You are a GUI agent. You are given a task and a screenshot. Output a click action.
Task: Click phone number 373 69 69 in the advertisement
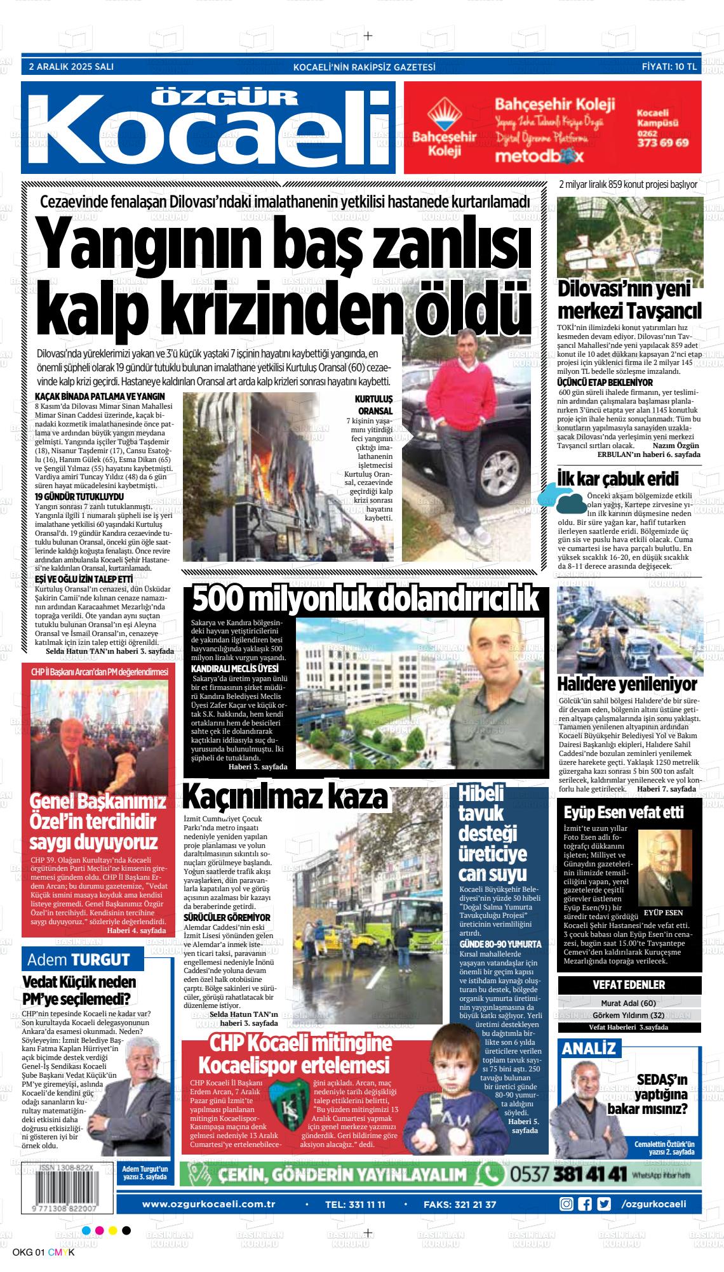click(662, 143)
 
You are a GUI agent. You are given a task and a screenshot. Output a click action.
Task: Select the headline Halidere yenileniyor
click(626, 684)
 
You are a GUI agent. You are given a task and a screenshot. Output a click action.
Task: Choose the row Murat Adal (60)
click(629, 1004)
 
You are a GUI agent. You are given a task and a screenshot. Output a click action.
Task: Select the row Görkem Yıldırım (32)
click(629, 1015)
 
